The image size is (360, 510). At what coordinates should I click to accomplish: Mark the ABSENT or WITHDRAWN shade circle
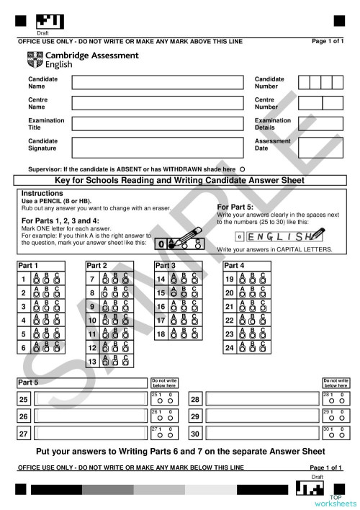pos(242,168)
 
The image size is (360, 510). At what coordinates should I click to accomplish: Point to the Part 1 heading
pos(28,266)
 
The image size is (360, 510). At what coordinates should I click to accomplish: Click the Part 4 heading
pos(234,266)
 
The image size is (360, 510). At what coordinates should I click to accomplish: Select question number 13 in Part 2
pos(91,362)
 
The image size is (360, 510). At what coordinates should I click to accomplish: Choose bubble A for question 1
pos(37,280)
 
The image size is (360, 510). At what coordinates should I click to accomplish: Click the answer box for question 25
pos(90,399)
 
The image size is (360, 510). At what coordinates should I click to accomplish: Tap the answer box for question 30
pos(262,434)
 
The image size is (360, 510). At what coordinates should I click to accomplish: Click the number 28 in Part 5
pos(194,400)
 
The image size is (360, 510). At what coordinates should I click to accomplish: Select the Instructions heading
pos(42,194)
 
